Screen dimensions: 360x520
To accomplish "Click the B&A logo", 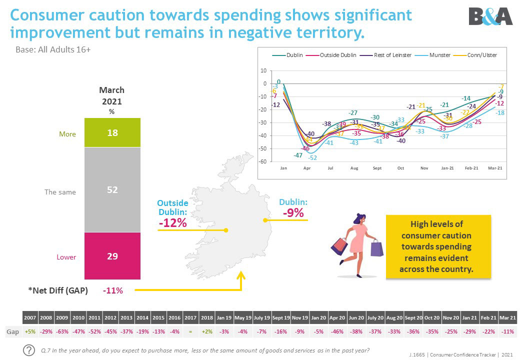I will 490,17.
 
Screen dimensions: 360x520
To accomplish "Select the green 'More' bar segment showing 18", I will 112,132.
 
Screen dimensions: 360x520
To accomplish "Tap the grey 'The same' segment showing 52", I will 112,189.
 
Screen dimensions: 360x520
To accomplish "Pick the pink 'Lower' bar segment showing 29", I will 112,256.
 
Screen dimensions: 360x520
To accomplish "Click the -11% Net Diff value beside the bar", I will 112,290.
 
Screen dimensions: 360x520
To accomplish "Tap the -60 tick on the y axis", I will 263,161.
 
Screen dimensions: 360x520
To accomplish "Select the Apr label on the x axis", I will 306,169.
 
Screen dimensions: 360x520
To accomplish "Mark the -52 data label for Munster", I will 312,157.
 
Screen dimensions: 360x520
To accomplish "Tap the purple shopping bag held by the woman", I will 376,248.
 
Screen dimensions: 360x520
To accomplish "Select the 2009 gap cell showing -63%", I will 62,332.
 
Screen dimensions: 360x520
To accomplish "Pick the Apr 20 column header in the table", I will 337,317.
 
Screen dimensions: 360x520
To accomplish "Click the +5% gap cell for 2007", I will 30,332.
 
